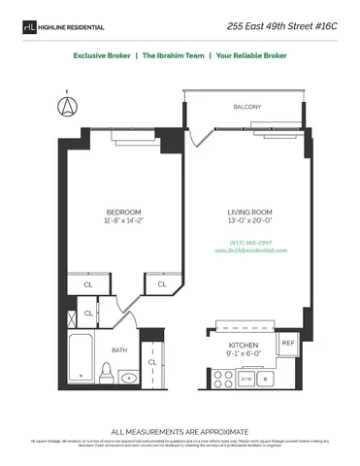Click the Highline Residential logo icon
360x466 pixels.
(x=28, y=27)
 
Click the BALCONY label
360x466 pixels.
(x=246, y=107)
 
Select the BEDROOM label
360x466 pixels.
(x=123, y=212)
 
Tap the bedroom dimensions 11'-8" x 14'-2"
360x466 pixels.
(x=123, y=221)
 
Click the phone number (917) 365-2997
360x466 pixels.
(x=250, y=242)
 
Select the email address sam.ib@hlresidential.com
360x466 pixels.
(x=257, y=250)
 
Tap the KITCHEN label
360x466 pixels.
(x=242, y=345)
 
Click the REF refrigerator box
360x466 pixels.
(x=287, y=343)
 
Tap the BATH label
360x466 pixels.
(x=119, y=349)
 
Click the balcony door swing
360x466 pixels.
(x=199, y=136)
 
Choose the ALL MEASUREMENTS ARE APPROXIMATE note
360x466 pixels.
(x=180, y=430)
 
